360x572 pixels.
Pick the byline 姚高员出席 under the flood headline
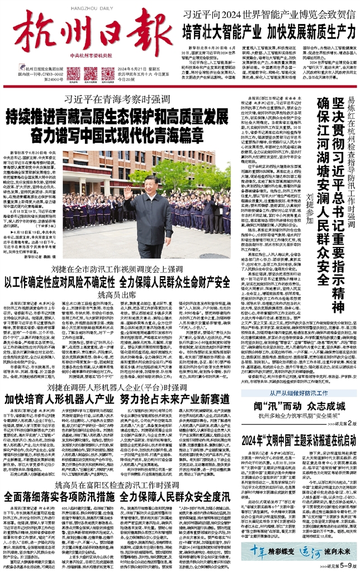tap(117, 293)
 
